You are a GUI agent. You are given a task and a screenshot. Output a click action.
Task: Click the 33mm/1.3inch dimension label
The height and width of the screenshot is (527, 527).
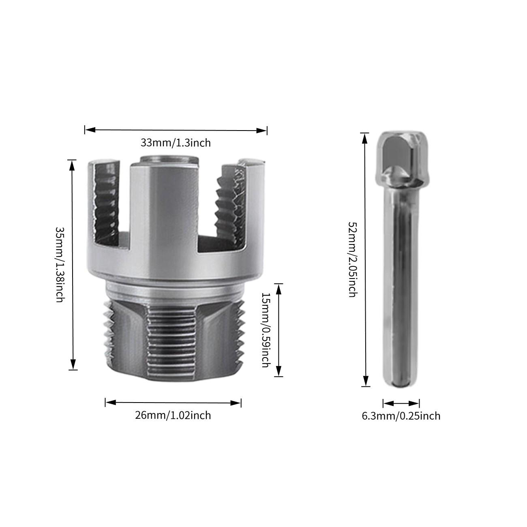176,143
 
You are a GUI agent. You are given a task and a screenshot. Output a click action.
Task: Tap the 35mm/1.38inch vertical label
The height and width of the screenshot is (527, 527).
60,264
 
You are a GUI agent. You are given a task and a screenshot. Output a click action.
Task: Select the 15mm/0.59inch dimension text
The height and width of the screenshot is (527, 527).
266,330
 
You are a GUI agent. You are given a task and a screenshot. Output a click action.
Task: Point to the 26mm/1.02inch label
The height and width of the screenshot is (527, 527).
173,415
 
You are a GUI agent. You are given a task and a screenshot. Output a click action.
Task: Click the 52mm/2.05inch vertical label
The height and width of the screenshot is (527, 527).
352,259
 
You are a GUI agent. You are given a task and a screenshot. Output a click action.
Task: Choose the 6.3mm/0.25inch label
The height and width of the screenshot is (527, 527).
401,416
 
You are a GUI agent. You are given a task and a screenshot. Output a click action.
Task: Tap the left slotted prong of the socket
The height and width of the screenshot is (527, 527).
106,203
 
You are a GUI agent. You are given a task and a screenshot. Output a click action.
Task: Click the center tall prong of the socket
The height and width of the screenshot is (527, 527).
164,211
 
